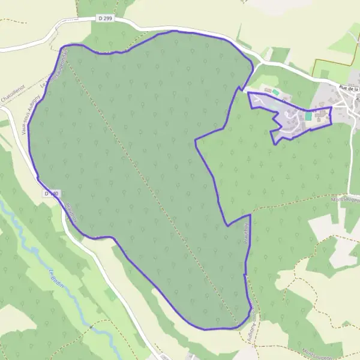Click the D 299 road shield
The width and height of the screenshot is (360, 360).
point(104,19)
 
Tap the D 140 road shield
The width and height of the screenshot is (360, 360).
point(52,193)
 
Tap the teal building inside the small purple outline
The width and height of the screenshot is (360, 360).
point(308,116)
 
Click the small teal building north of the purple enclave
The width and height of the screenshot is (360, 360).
point(275,92)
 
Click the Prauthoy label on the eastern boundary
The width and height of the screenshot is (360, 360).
point(247,231)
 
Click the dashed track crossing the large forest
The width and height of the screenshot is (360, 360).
point(150,186)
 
